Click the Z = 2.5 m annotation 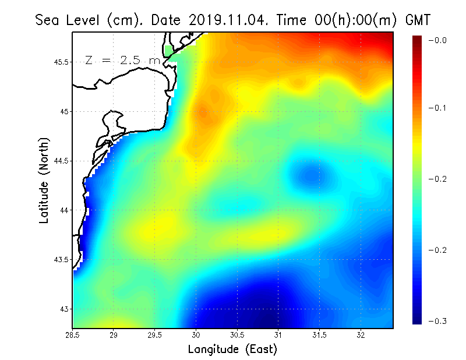pos(122,60)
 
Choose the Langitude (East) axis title pos(232,350)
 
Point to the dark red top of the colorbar pos(418,40)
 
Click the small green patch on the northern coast pos(169,51)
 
